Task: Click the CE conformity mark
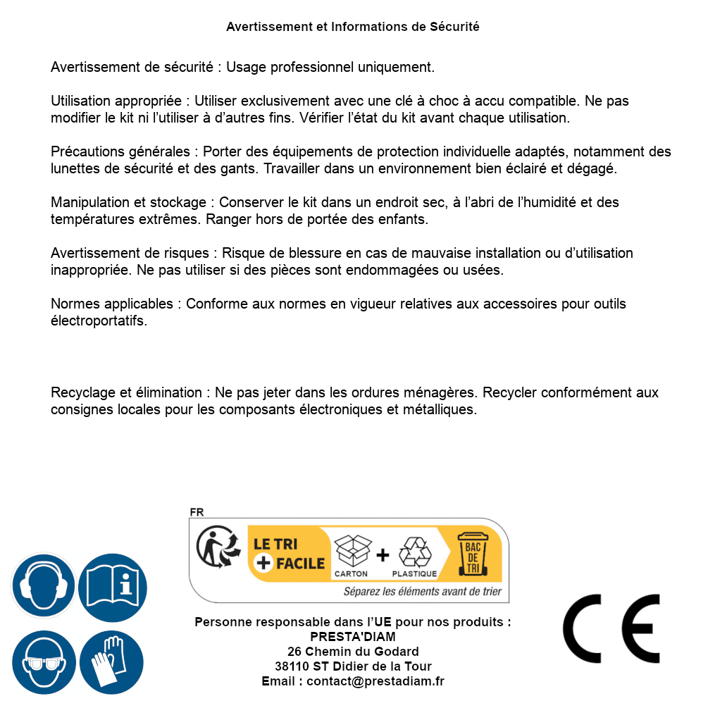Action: [x=611, y=629]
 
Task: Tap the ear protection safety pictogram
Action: [x=43, y=586]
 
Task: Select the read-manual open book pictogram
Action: [x=113, y=586]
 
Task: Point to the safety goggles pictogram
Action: [x=43, y=662]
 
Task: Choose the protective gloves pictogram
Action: [x=111, y=662]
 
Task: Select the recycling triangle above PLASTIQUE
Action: [x=414, y=552]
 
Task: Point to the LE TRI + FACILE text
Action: [x=289, y=554]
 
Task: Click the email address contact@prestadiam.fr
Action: [x=375, y=681]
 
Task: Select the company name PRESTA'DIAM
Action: [x=353, y=637]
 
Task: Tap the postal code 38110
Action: [x=291, y=666]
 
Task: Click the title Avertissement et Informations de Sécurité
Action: [x=353, y=27]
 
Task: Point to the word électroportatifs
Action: [x=99, y=321]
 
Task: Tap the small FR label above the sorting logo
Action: [x=197, y=512]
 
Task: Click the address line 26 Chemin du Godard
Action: [x=353, y=652]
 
